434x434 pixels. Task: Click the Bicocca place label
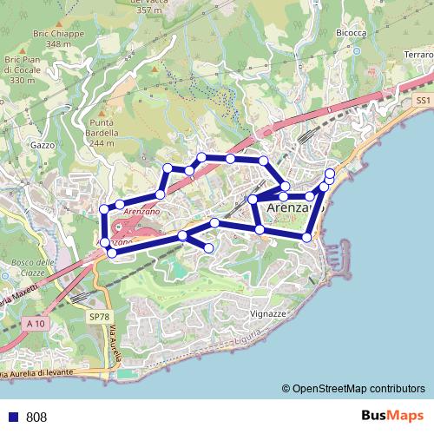349,32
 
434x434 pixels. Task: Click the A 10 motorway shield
35,324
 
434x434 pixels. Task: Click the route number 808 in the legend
36,417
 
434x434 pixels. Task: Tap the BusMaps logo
392,416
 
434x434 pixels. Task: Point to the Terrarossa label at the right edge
419,56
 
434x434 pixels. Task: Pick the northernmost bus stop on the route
201,157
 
